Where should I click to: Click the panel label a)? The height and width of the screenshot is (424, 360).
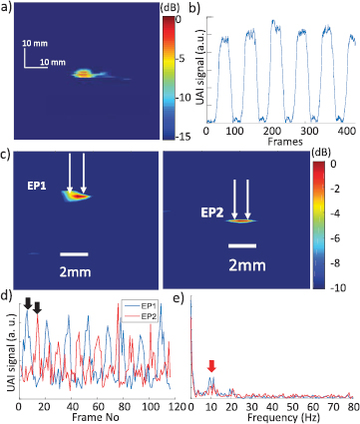(8, 8)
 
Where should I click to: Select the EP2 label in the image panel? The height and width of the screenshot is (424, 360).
(203, 211)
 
